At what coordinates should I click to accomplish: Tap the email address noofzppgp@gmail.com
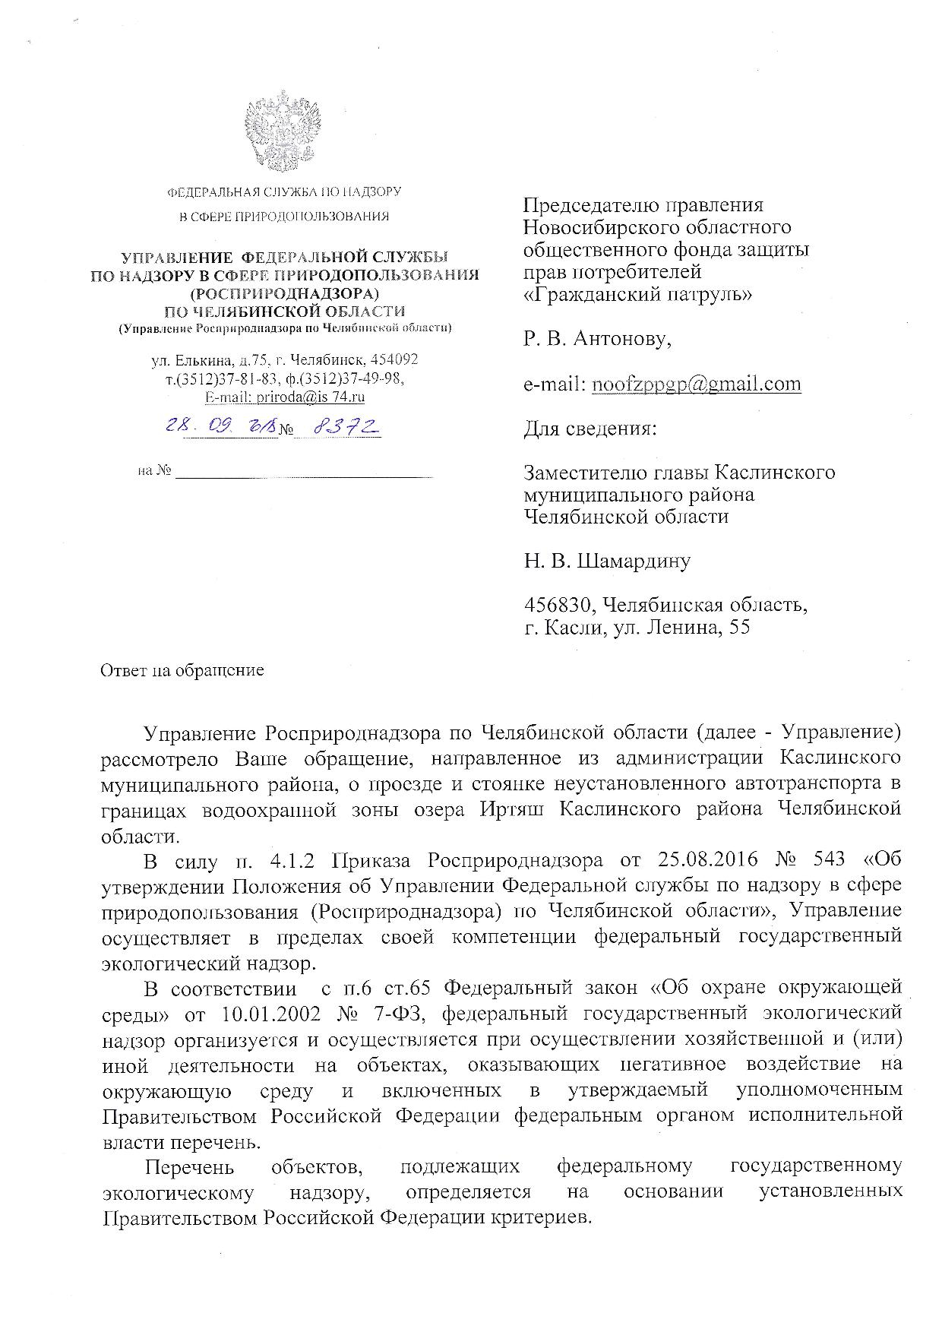(696, 384)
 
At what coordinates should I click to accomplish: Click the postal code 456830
(559, 606)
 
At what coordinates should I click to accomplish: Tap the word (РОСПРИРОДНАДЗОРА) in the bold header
(284, 293)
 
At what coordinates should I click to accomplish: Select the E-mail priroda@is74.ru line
(285, 397)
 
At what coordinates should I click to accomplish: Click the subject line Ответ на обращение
(182, 670)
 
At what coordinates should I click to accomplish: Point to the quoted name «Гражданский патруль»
(638, 294)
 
